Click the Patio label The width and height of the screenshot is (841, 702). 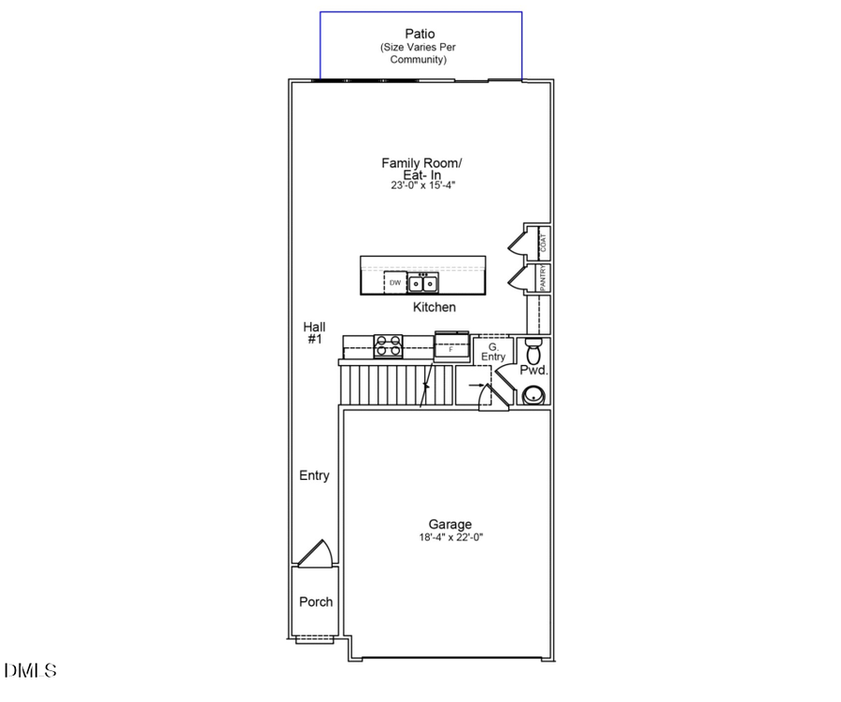coord(420,34)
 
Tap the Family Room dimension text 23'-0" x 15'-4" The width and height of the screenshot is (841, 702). coord(422,186)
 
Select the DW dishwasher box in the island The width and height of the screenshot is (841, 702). coord(395,282)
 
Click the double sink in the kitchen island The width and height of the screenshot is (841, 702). coord(424,282)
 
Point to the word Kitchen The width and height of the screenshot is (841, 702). coord(435,307)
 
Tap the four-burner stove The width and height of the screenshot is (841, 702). coord(388,346)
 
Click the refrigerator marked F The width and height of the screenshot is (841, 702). coord(452,347)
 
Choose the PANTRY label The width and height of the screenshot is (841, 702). coord(543,278)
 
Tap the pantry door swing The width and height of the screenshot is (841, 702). coord(517,278)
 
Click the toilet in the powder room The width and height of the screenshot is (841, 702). coord(534,353)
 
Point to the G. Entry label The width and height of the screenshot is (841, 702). coord(493,352)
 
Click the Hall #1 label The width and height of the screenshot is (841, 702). coord(314,333)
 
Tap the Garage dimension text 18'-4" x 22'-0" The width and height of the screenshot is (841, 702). coord(450,538)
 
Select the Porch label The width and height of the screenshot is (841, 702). coord(316,602)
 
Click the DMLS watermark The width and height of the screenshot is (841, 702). coord(30,670)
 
